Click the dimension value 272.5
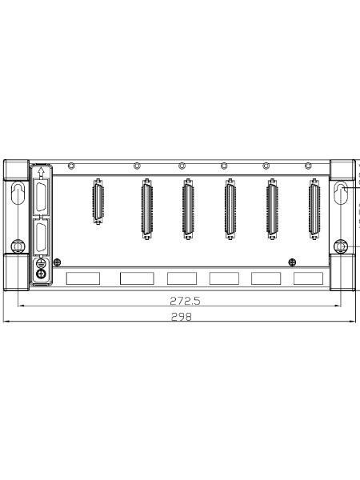[185, 301]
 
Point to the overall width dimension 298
[182, 317]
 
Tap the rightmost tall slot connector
[314, 209]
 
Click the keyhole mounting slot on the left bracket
[18, 193]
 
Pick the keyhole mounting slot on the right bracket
[341, 193]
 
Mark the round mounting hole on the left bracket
[18, 246]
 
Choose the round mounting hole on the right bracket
[341, 246]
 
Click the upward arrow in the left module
[42, 174]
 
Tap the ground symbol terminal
[41, 262]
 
